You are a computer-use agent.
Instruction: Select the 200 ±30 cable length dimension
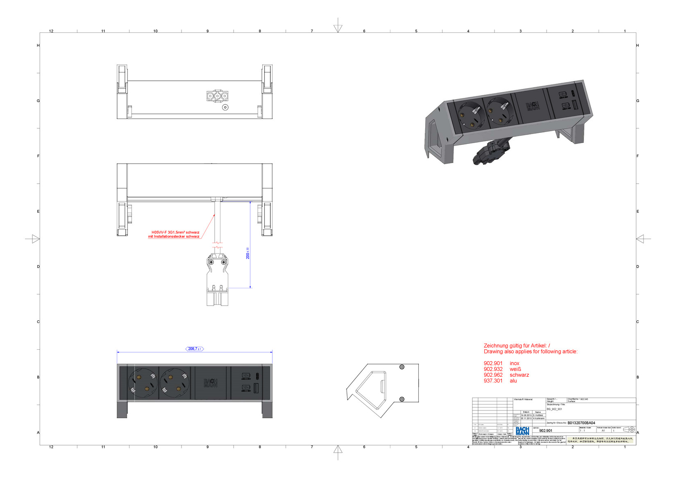247,253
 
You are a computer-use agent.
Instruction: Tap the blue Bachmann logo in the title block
522,430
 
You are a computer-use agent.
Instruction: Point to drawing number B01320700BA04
581,423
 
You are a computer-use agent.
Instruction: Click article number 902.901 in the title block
546,430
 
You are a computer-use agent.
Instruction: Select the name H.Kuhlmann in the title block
539,418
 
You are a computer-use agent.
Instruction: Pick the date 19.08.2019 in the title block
526,415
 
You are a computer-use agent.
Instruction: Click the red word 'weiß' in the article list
515,369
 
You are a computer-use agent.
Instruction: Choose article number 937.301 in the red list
493,381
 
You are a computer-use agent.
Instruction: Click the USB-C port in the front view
257,376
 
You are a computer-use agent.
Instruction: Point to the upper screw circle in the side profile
402,367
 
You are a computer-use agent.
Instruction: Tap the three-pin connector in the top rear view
217,96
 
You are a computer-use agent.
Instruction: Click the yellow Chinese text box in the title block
601,440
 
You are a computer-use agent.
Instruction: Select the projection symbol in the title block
629,430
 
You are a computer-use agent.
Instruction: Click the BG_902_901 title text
554,409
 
